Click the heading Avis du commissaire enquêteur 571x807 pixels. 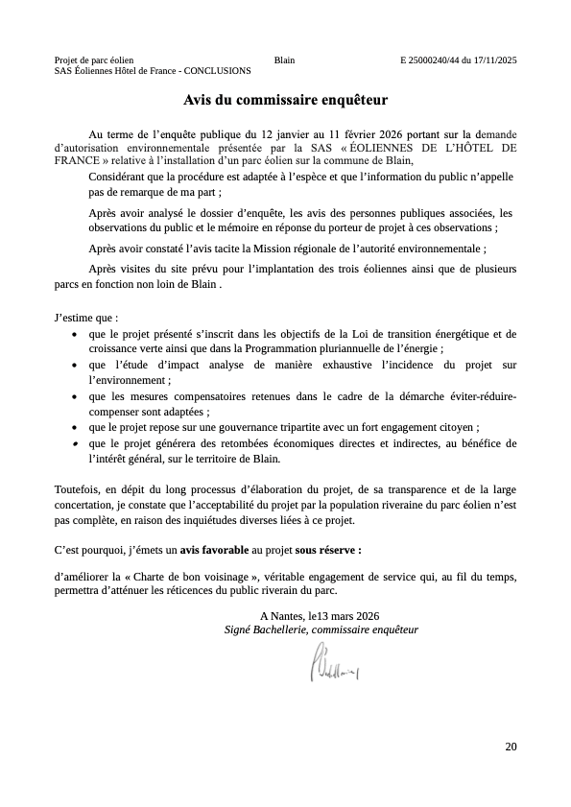tap(285, 99)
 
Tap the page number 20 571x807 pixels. tap(510, 746)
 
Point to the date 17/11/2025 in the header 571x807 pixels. tap(495, 60)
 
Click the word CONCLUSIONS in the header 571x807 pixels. tap(217, 71)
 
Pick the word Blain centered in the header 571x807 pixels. tap(284, 60)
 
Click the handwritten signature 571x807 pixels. tap(332, 661)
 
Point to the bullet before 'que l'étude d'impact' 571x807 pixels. tap(76, 366)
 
